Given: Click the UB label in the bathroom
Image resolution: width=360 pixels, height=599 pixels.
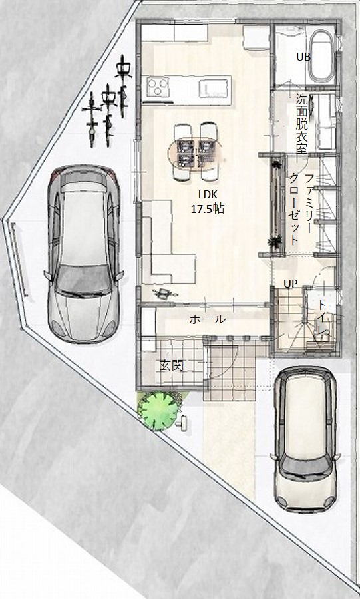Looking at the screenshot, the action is click(303, 57).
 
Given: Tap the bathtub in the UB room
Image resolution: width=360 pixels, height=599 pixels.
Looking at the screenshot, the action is click(321, 56).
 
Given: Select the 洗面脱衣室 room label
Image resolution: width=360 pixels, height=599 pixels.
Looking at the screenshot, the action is click(302, 123).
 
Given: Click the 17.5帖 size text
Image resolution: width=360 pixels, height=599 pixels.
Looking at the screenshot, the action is click(208, 208).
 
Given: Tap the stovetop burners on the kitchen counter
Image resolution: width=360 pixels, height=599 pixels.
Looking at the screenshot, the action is click(158, 87).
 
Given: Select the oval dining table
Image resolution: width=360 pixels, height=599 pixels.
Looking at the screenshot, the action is click(196, 152).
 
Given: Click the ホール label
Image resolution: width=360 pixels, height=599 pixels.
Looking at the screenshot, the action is click(208, 319).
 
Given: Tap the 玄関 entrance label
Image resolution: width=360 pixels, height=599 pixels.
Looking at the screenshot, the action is click(172, 365).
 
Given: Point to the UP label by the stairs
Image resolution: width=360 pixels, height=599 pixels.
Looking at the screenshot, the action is click(291, 284).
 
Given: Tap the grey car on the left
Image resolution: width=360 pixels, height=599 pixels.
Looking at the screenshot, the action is click(84, 254).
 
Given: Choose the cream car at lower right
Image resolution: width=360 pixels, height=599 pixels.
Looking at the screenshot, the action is click(305, 439).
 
